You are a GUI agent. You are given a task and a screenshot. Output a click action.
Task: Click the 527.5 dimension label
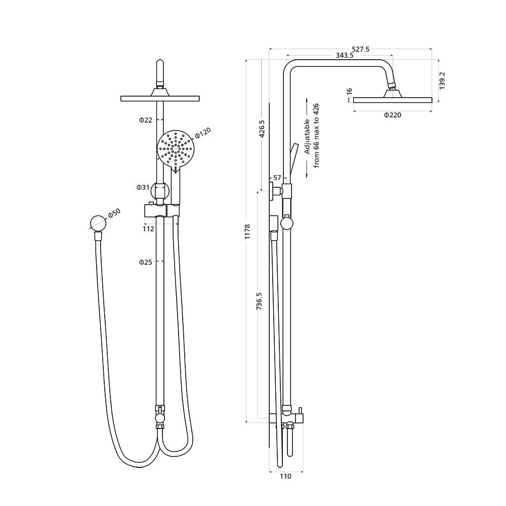(x=361, y=49)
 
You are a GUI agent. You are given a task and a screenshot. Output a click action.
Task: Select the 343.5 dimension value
(x=344, y=56)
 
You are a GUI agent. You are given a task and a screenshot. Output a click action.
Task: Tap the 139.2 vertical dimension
(x=442, y=80)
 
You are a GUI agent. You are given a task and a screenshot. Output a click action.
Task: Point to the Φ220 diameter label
(x=392, y=115)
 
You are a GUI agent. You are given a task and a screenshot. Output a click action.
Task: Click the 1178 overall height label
(x=248, y=232)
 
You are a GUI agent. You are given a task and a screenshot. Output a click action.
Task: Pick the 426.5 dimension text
(x=262, y=129)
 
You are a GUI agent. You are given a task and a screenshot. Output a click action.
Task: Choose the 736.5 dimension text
(x=259, y=302)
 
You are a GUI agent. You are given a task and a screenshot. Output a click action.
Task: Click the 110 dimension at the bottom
(x=285, y=476)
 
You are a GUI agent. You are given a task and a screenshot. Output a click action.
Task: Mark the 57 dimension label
(x=277, y=178)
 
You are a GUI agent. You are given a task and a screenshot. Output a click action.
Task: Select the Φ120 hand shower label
(x=202, y=133)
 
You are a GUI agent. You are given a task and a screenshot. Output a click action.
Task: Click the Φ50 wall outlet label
(x=114, y=213)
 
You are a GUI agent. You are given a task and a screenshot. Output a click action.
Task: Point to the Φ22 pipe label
(x=146, y=120)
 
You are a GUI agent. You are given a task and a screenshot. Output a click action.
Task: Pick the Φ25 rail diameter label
(x=146, y=262)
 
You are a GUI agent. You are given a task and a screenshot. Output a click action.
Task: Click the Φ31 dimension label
(x=143, y=187)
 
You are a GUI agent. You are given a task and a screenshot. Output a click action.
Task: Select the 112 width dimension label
(x=148, y=229)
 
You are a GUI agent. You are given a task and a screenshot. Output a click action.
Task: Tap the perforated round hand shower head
(x=176, y=148)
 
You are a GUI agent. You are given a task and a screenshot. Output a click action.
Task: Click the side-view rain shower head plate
(x=392, y=100)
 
